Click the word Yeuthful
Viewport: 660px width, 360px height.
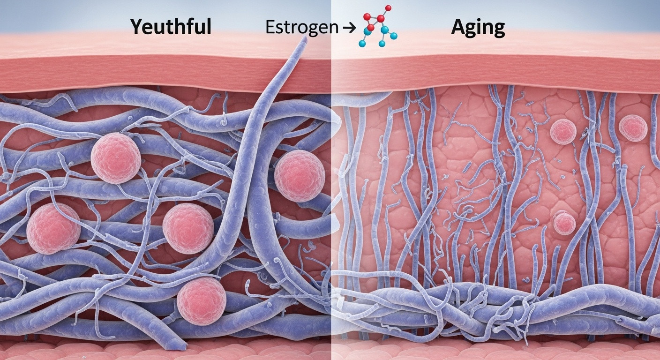tap(171, 28)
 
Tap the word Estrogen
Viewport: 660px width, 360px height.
tap(302, 28)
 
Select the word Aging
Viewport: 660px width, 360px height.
tap(478, 29)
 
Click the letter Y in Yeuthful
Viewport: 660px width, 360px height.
tap(137, 27)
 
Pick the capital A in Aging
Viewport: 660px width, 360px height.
tap(458, 28)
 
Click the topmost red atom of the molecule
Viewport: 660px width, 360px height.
tap(388, 8)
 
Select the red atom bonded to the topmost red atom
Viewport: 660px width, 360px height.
tap(381, 19)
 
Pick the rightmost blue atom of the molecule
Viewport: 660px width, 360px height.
tap(394, 36)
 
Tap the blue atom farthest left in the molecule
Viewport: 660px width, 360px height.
tap(362, 43)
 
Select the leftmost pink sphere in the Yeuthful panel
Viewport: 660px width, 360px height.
tap(53, 228)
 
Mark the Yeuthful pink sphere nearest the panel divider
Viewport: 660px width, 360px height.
tap(300, 176)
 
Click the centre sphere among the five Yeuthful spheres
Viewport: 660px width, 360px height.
tap(188, 228)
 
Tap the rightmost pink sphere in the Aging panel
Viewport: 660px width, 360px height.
tap(633, 128)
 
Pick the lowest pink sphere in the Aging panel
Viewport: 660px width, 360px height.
tap(564, 223)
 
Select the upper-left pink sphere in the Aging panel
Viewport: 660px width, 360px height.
tap(563, 131)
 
